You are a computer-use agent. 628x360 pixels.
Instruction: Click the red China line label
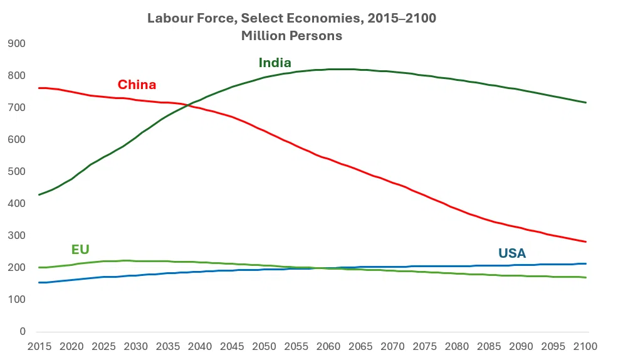pos(137,85)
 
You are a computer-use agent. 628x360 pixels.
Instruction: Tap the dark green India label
pos(275,63)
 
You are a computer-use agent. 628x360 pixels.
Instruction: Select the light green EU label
pos(80,250)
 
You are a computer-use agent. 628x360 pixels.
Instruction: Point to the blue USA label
pos(511,253)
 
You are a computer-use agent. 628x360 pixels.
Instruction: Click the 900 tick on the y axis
pos(17,44)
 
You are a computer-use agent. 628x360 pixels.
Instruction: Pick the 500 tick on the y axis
pos(17,172)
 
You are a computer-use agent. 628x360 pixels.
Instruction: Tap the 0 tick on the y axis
pos(22,332)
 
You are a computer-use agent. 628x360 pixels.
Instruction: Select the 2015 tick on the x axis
pos(39,346)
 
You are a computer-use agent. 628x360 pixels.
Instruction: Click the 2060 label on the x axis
pos(329,346)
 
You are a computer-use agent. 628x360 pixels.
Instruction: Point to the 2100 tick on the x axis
pos(586,346)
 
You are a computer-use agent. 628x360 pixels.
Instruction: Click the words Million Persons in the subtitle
pos(291,36)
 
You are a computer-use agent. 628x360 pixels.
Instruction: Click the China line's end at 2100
pos(586,241)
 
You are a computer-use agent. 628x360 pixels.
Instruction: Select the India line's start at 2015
pos(39,194)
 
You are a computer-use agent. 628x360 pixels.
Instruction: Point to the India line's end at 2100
pos(586,102)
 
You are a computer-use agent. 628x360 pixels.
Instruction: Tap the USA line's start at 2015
pos(39,282)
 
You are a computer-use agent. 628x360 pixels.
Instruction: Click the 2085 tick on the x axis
pos(489,346)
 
